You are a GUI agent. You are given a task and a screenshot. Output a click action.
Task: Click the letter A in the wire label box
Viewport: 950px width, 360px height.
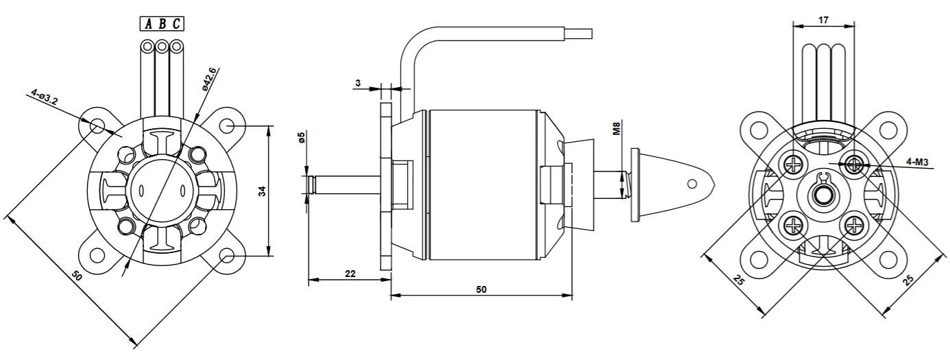[x=148, y=24]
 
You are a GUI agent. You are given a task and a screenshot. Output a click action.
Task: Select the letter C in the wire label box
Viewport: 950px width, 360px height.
[x=176, y=24]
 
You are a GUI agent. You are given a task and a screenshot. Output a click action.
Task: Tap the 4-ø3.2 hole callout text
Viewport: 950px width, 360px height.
[x=44, y=97]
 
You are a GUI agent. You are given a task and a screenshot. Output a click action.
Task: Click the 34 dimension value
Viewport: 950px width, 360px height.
[x=263, y=191]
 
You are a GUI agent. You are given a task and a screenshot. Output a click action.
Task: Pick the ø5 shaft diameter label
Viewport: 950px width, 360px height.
[x=301, y=138]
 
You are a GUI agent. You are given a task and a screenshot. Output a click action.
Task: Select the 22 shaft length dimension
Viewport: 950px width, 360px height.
[x=350, y=274]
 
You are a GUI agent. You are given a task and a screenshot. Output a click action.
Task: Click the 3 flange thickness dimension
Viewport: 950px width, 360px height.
[x=358, y=83]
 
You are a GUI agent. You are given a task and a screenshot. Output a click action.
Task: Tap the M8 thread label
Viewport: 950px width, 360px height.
[x=617, y=129]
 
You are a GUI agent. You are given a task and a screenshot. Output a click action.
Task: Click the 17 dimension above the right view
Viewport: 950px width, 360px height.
[x=823, y=20]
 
